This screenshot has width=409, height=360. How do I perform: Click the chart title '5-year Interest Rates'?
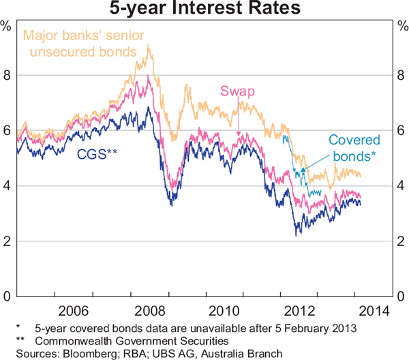click(204, 10)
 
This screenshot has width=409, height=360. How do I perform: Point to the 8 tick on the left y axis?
click(8, 75)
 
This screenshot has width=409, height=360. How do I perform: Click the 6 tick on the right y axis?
click(400, 130)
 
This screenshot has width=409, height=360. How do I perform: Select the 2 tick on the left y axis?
click(8, 241)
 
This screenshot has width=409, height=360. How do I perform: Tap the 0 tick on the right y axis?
click(400, 297)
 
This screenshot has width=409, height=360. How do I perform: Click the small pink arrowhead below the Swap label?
click(239, 134)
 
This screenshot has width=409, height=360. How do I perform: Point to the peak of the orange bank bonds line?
click(149, 46)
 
